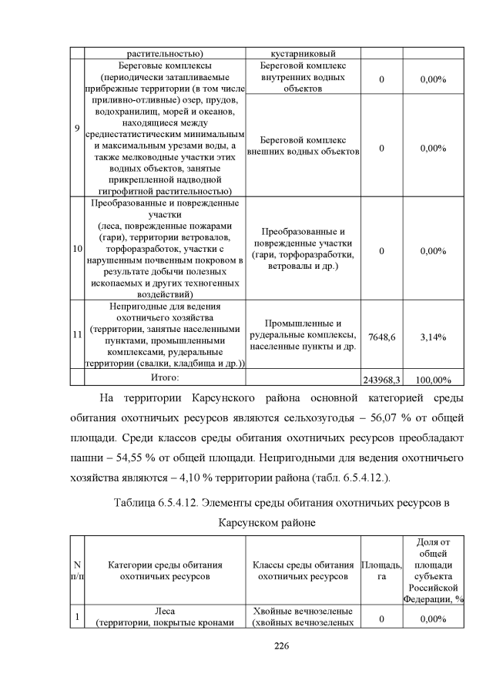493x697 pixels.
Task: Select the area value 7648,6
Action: point(381,336)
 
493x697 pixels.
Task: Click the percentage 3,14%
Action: point(433,336)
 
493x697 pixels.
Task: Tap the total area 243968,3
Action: point(381,380)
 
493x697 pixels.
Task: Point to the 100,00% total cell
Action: point(433,380)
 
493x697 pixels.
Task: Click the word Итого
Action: point(164,377)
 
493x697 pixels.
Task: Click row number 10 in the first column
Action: point(77,250)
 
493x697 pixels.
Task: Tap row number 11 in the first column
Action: point(77,335)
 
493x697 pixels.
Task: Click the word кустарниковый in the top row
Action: point(302,54)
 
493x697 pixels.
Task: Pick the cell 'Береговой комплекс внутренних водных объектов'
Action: point(303,78)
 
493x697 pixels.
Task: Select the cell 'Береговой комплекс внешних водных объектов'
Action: point(303,146)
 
